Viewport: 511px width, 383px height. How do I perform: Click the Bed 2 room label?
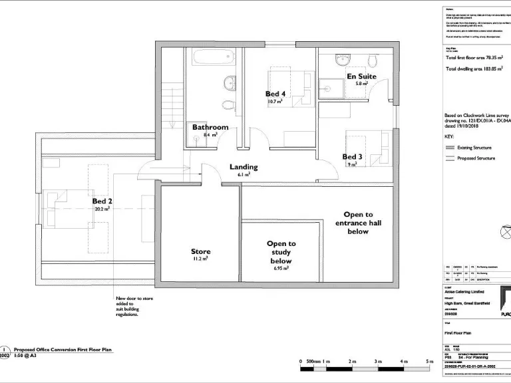pos(102,201)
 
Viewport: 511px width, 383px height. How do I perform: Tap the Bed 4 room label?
pos(275,94)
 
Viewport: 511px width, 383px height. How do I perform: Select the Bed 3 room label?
pos(352,157)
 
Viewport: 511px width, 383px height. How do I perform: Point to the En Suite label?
pos(361,76)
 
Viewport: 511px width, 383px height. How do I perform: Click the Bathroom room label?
pos(210,127)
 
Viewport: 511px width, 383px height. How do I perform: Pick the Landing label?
pos(244,167)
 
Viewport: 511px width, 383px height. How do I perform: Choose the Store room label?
pos(201,251)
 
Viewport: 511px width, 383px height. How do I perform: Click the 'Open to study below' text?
pos(281,253)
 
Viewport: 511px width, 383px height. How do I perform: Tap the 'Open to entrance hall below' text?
pos(358,223)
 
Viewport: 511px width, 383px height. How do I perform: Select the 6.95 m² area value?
pos(281,269)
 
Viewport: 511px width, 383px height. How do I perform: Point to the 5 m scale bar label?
pos(430,361)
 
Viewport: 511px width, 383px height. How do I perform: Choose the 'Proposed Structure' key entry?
pos(475,158)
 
